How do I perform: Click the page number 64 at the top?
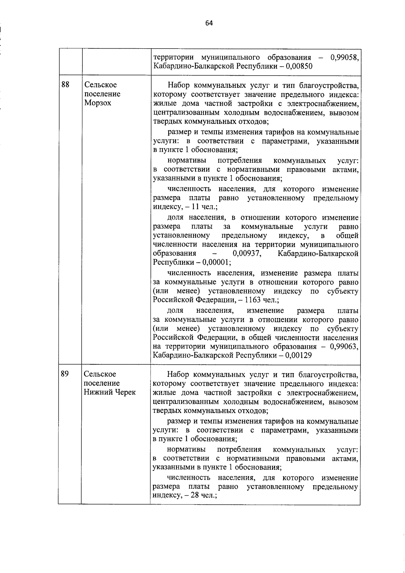pos(209,23)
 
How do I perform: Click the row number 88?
pos(65,84)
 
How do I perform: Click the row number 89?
pos(65,374)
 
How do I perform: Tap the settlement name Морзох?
pos(98,103)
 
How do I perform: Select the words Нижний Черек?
pos(110,392)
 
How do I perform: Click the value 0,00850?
pos(299,66)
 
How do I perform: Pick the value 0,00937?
pos(247,254)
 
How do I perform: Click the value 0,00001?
pos(216,263)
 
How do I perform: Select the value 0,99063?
pos(344,346)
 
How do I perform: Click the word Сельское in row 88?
pos(101,85)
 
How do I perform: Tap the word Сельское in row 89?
pos(100,374)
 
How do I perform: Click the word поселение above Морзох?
pos(102,94)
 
